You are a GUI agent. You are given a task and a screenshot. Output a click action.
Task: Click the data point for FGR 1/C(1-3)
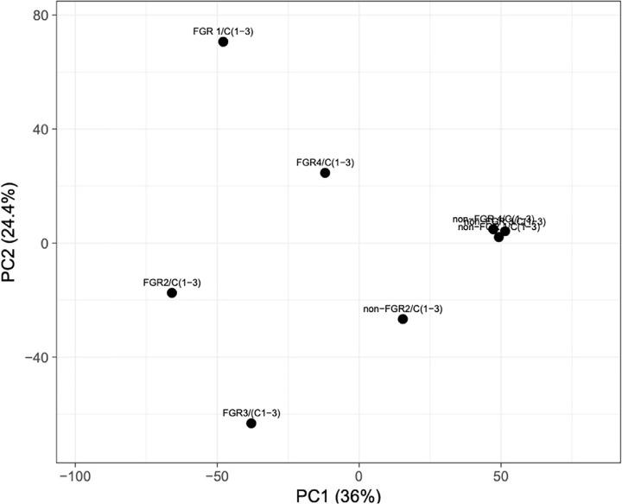pyautogui.click(x=223, y=41)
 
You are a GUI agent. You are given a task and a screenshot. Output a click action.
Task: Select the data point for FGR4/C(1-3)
pyautogui.click(x=325, y=173)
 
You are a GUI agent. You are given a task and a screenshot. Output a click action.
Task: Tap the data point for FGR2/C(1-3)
pyautogui.click(x=172, y=293)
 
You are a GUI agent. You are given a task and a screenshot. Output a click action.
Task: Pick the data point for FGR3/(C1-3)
pyautogui.click(x=251, y=424)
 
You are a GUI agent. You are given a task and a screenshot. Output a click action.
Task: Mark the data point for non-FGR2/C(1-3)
pyautogui.click(x=403, y=319)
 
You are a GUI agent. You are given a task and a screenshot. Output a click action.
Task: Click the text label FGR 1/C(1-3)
pyautogui.click(x=223, y=31)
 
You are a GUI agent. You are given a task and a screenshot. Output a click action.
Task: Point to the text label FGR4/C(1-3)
pyautogui.click(x=325, y=162)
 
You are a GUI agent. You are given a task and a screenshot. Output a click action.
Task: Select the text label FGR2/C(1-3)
pyautogui.click(x=172, y=282)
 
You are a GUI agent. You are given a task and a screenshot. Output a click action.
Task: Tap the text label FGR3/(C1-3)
pyautogui.click(x=251, y=412)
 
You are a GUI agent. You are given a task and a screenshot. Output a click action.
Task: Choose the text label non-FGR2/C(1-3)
pyautogui.click(x=403, y=309)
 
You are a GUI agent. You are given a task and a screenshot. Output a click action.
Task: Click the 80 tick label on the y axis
pyautogui.click(x=40, y=16)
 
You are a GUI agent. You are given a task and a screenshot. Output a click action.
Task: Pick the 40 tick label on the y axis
pyautogui.click(x=40, y=130)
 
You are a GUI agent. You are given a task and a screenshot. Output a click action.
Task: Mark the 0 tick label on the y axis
pyautogui.click(x=44, y=243)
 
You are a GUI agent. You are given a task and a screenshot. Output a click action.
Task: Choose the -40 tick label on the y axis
pyautogui.click(x=35, y=357)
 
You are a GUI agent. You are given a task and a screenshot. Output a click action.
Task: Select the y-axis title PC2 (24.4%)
pyautogui.click(x=12, y=242)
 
